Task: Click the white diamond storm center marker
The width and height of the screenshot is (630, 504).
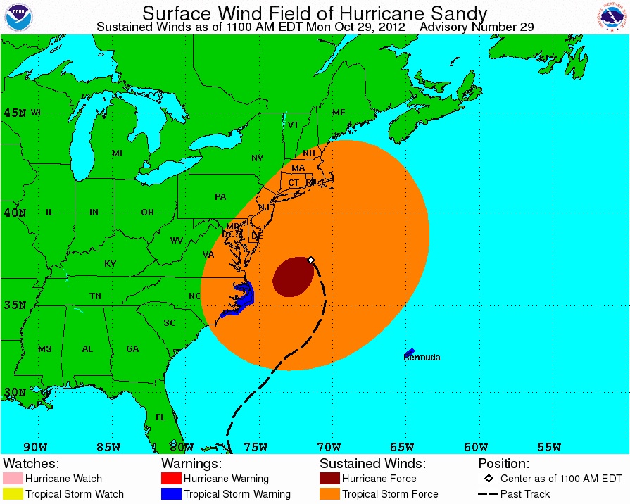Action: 311,260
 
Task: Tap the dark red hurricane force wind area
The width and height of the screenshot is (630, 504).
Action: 293,277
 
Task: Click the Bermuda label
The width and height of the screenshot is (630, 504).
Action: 422,358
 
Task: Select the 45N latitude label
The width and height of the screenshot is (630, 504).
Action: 15,113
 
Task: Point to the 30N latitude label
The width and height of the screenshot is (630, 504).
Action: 15,393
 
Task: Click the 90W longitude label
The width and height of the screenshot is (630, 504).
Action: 34,447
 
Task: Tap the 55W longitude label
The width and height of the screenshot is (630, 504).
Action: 549,447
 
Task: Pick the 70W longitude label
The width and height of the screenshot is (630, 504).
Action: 329,447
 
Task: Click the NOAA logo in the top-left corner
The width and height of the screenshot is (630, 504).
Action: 18,17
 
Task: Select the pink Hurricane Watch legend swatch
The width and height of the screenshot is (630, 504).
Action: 13,479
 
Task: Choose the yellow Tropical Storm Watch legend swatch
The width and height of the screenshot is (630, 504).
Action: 13,494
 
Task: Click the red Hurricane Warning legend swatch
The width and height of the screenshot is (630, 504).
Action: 171,479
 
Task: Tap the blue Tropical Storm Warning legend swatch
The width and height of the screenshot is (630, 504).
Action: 171,494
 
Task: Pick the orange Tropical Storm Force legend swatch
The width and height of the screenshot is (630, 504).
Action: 329,494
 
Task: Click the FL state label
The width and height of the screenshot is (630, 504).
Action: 160,417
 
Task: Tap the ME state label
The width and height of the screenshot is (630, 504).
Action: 339,113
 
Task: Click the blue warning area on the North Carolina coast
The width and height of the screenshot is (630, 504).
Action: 240,301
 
